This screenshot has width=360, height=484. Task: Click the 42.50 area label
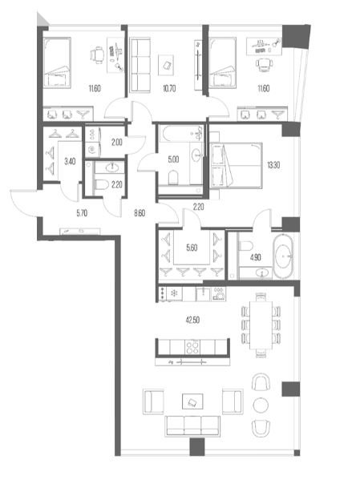[192, 320]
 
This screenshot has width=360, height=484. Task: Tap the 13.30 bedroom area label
[273, 165]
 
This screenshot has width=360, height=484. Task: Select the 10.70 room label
[169, 89]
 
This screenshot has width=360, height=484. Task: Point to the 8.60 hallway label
[140, 213]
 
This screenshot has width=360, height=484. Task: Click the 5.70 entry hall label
[82, 213]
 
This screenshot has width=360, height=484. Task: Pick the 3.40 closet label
[70, 161]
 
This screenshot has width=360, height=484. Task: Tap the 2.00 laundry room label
[117, 143]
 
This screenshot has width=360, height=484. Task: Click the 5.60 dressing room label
[192, 248]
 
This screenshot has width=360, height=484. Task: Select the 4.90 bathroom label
[255, 257]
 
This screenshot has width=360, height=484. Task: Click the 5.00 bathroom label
[173, 159]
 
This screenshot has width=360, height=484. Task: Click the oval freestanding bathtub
[284, 256]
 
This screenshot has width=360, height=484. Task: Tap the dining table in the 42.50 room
[261, 325]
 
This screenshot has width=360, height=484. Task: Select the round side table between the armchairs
[261, 405]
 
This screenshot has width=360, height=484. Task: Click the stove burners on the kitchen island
[192, 347]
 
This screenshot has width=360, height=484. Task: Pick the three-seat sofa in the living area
[192, 426]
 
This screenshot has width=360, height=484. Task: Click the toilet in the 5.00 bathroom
[174, 178]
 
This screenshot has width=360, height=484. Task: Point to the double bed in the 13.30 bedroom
[237, 165]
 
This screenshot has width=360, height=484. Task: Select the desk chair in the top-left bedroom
[98, 55]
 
